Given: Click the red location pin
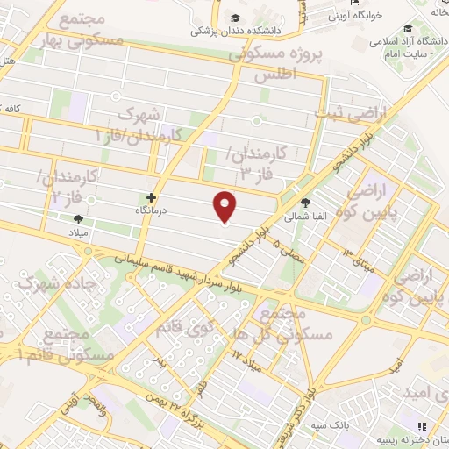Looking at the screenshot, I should click(225, 206).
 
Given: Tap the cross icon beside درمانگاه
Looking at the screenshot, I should click(152, 198).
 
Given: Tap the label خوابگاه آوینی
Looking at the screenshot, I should click(349, 15).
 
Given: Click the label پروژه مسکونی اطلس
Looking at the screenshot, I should click(275, 64).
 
